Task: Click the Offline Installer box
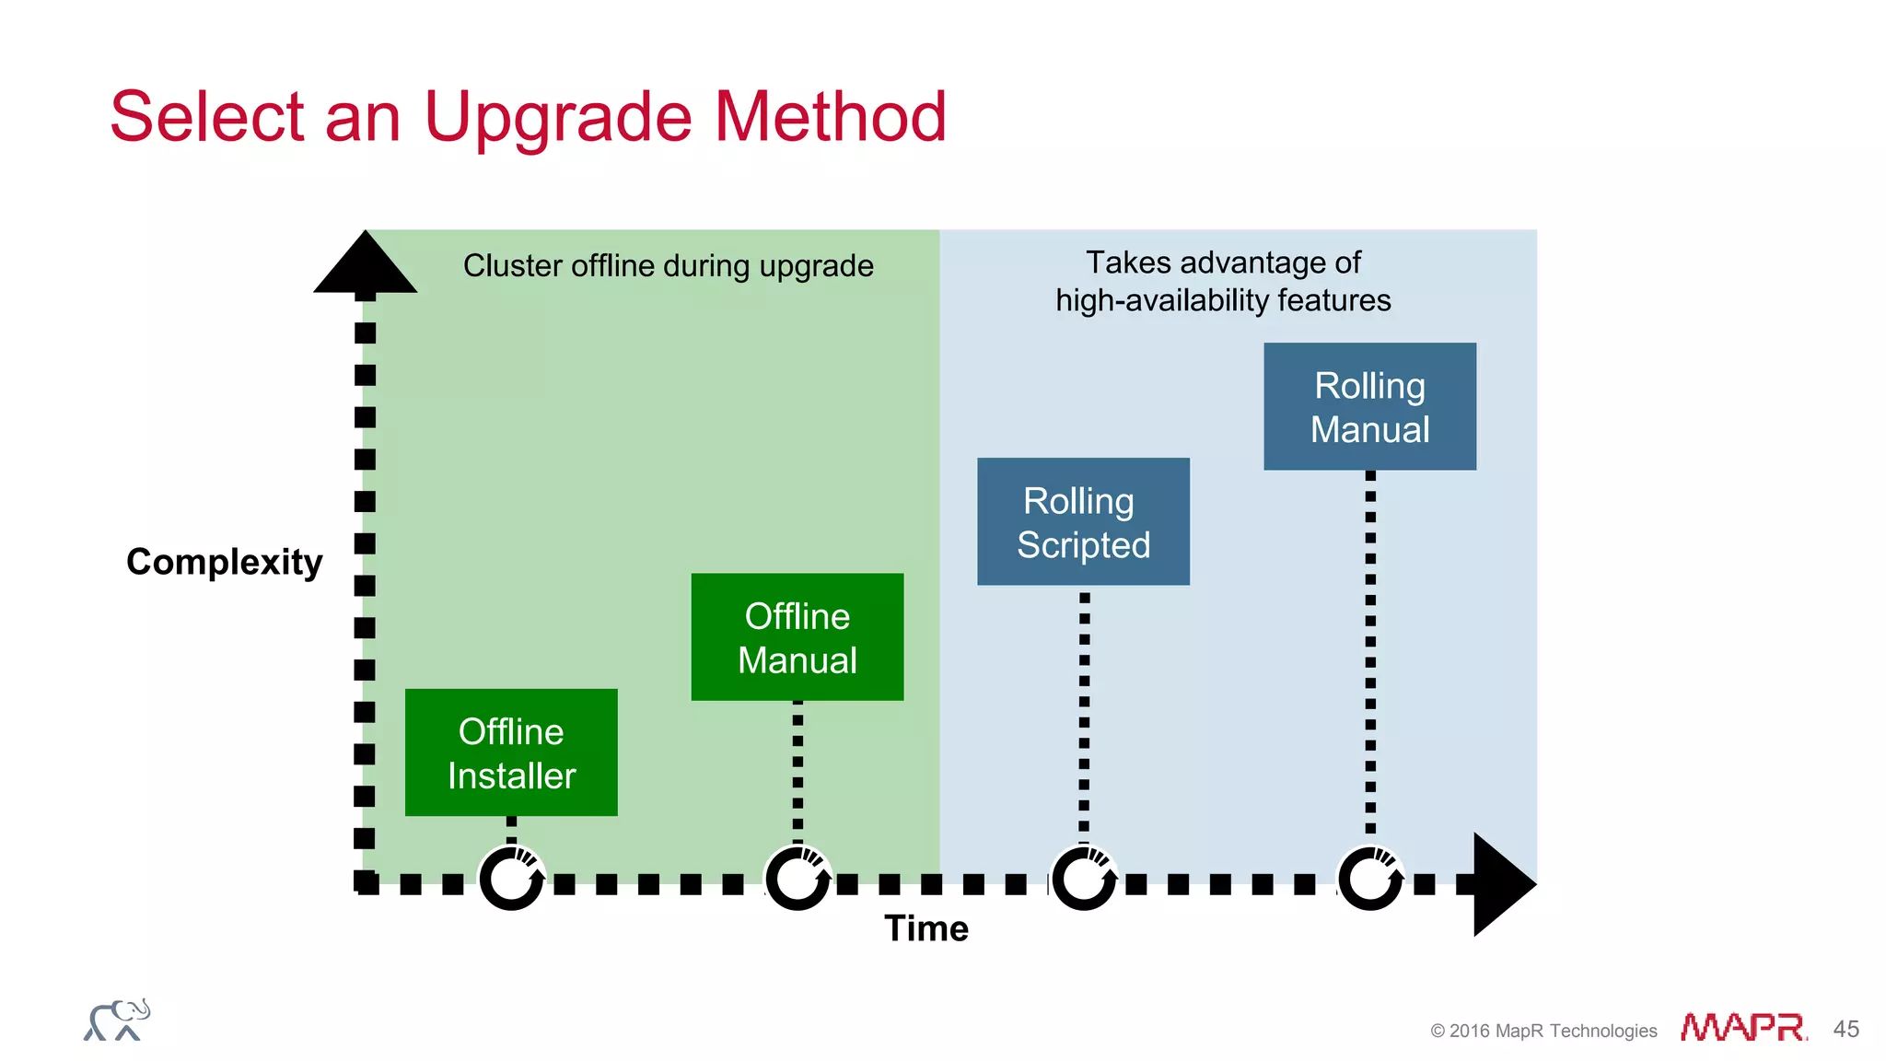[x=511, y=752]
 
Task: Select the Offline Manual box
[x=797, y=637]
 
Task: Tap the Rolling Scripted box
[x=1083, y=521]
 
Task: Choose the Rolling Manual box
[x=1369, y=406]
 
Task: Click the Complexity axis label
[x=224, y=562]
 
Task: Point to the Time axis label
[x=926, y=928]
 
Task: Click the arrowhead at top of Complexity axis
[x=366, y=265]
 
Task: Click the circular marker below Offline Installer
[x=512, y=879]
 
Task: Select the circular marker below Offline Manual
[x=797, y=879]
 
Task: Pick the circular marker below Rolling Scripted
[x=1084, y=879]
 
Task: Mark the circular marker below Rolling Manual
[x=1370, y=879]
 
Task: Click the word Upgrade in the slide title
[x=557, y=118]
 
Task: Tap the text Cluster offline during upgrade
[x=668, y=266]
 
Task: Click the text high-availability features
[x=1223, y=301]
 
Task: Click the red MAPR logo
[x=1742, y=1028]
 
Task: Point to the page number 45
[x=1845, y=1029]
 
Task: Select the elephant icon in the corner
[x=117, y=1020]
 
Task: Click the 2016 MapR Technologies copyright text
[x=1543, y=1031]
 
